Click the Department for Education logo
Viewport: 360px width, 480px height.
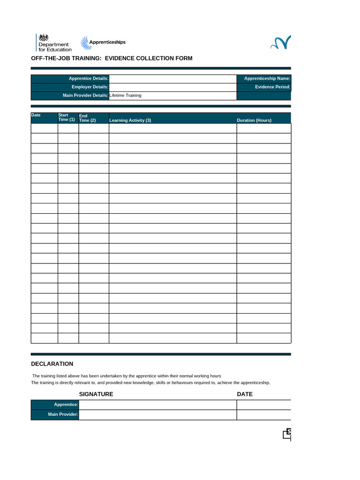click(x=54, y=43)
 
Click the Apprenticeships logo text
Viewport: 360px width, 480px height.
click(x=107, y=42)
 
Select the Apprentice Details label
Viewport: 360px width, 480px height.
click(x=89, y=79)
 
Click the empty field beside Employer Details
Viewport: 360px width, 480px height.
click(x=172, y=87)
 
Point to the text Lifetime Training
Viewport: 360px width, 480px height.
click(x=125, y=96)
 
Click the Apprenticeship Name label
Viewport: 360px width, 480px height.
click(x=267, y=79)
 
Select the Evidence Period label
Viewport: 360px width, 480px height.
click(x=273, y=87)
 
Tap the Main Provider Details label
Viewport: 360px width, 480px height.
click(x=85, y=96)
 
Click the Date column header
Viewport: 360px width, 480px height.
click(x=36, y=115)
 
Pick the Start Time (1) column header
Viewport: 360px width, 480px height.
click(x=66, y=117)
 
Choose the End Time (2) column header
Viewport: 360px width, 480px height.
click(x=87, y=118)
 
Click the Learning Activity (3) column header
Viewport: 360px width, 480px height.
click(x=130, y=120)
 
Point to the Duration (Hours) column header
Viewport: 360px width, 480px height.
click(x=254, y=120)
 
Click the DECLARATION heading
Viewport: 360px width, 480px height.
click(x=52, y=364)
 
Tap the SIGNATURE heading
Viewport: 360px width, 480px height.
click(x=96, y=394)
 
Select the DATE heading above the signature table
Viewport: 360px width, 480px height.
click(x=245, y=394)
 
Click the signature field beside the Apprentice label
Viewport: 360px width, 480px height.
click(x=157, y=405)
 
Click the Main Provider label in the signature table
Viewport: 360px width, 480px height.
click(x=63, y=414)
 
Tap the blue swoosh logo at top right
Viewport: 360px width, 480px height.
click(x=280, y=43)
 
